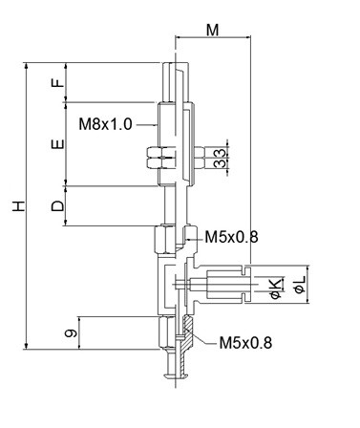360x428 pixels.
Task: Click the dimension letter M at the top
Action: [213, 30]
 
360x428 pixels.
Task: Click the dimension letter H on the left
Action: [19, 206]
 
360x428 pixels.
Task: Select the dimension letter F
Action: [57, 83]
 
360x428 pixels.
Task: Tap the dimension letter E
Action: [57, 144]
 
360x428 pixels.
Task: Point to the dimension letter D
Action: [57, 206]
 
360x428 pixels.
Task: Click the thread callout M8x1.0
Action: [105, 123]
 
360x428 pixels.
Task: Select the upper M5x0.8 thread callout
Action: [231, 237]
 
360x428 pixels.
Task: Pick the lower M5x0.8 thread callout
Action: [245, 343]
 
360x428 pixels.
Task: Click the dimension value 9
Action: [71, 333]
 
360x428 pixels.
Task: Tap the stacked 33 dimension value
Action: [221, 159]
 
